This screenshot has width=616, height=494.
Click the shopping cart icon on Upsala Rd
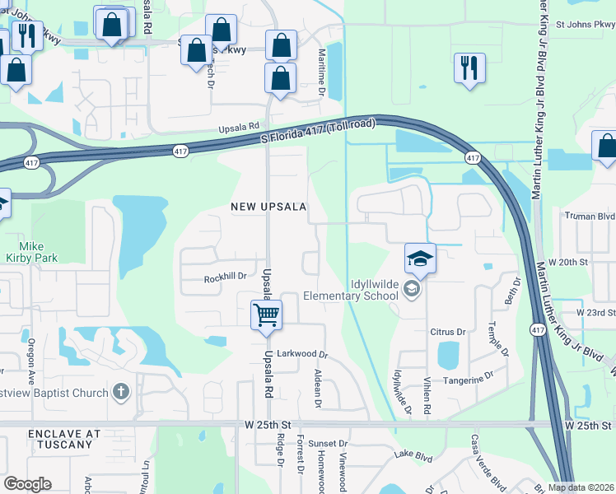tap(266, 315)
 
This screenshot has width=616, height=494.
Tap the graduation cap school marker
tap(420, 259)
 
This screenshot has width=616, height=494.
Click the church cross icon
tap(120, 391)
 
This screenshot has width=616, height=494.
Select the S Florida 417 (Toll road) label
tap(318, 133)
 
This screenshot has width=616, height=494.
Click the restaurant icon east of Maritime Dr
tap(469, 68)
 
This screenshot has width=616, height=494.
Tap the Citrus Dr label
tap(447, 332)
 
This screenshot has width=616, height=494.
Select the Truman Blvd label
tap(589, 217)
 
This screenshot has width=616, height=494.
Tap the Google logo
tap(27, 484)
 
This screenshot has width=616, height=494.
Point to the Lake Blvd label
tap(413, 454)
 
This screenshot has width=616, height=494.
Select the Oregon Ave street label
tap(31, 355)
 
